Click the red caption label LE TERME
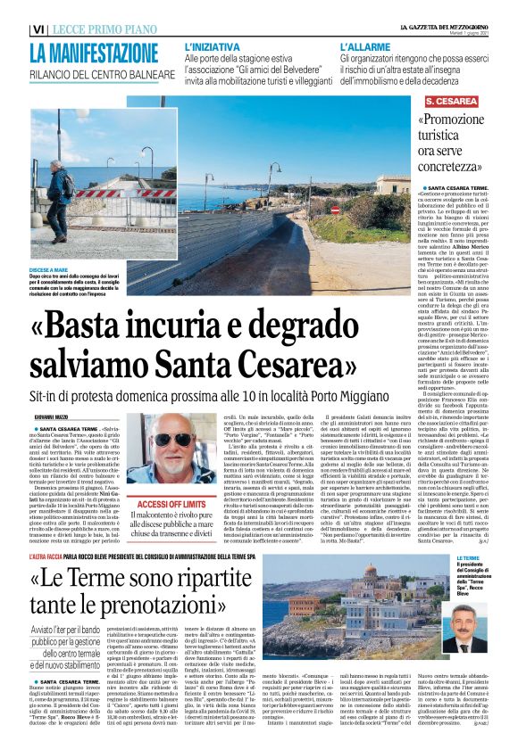444,557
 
